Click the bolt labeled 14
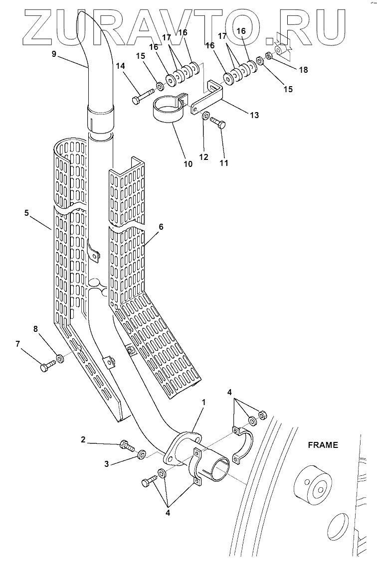[x=142, y=96]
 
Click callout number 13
[x=254, y=115]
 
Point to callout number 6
[x=161, y=226]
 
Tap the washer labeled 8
[x=60, y=359]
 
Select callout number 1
[x=203, y=402]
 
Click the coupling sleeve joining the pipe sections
[x=100, y=118]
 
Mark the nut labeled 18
[x=268, y=56]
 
